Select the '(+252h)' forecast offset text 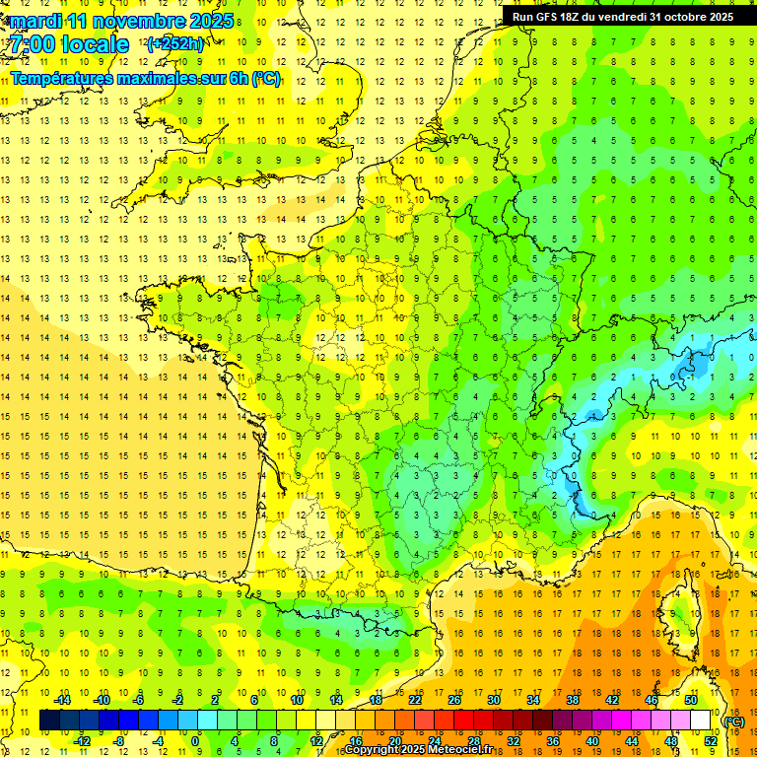click(174, 43)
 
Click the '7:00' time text click(33, 44)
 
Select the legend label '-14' click(62, 700)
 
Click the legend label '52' click(711, 740)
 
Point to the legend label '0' click(196, 740)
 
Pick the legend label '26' click(454, 700)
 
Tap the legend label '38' click(573, 700)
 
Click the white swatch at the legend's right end click(700, 721)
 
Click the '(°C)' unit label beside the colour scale click(733, 722)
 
